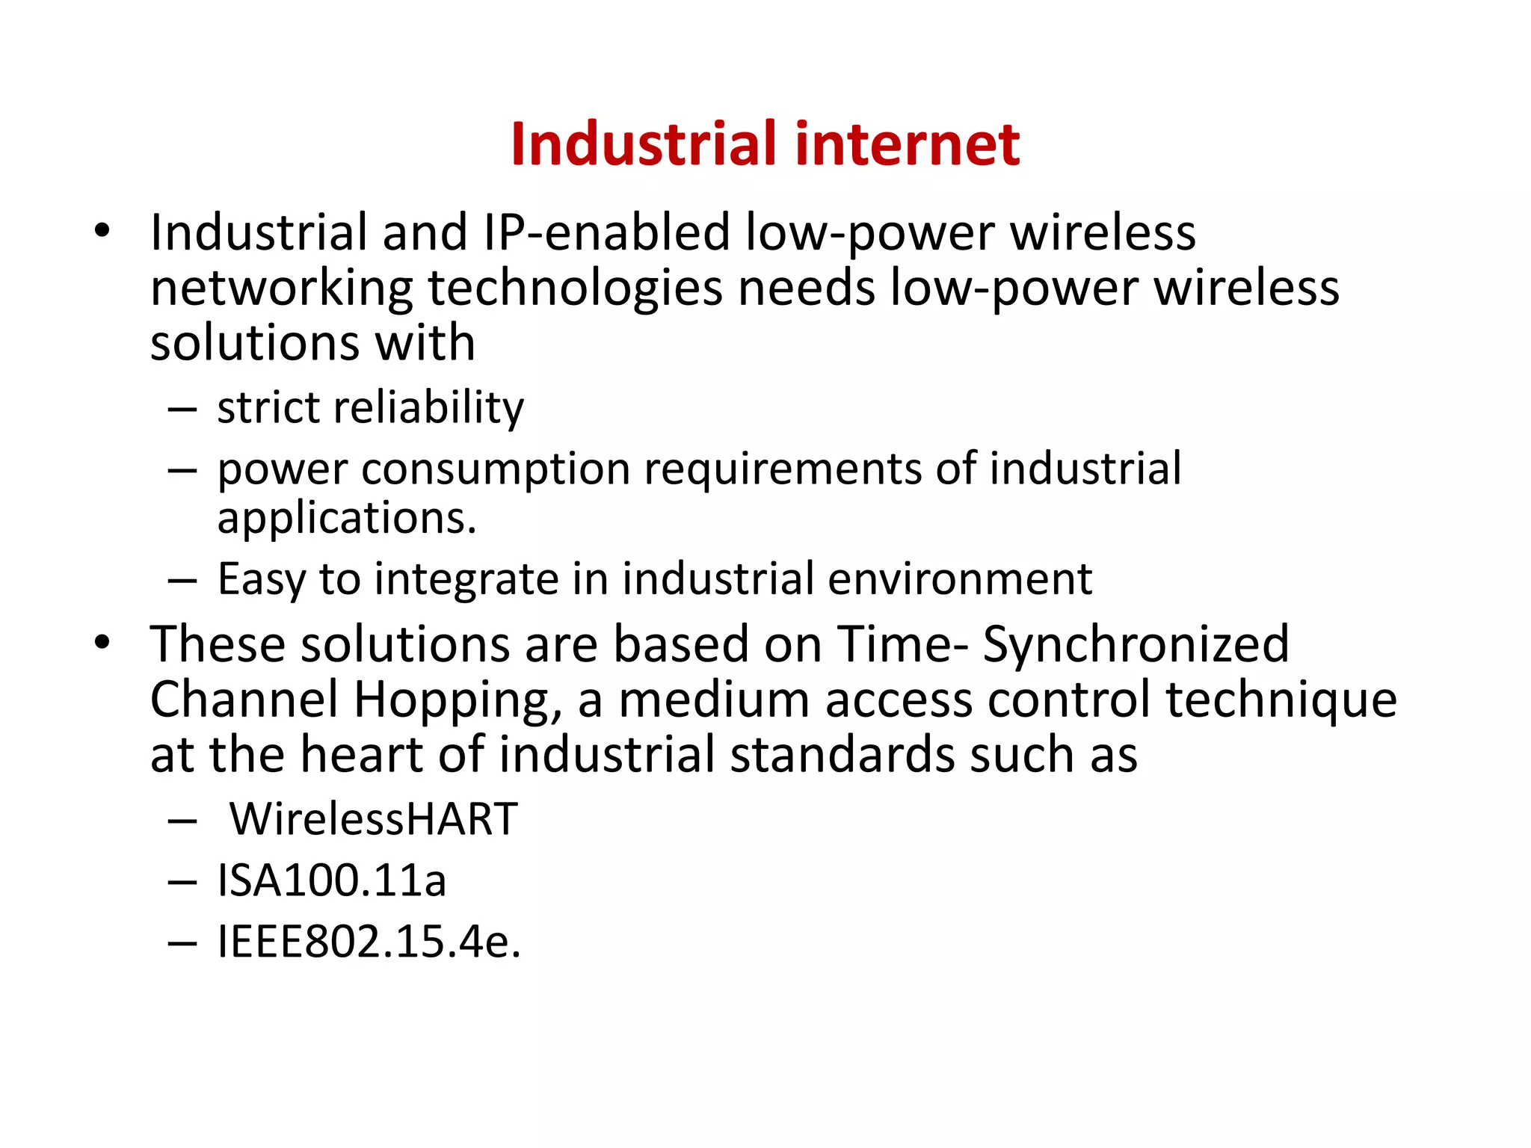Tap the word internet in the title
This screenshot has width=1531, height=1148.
(x=908, y=143)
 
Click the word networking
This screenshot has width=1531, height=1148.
(x=281, y=289)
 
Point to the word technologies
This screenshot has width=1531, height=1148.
(x=575, y=289)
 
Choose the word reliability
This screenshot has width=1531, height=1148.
(x=428, y=408)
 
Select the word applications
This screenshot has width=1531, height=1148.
(x=347, y=518)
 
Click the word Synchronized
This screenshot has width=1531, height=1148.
(x=1136, y=644)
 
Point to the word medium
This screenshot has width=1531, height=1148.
(x=714, y=700)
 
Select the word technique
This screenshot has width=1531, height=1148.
(x=1281, y=700)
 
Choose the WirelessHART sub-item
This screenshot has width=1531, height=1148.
(x=373, y=819)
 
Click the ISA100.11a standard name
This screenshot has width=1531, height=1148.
(x=332, y=880)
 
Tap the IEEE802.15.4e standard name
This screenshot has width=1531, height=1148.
(x=369, y=942)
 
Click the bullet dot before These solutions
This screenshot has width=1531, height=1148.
(x=102, y=641)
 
